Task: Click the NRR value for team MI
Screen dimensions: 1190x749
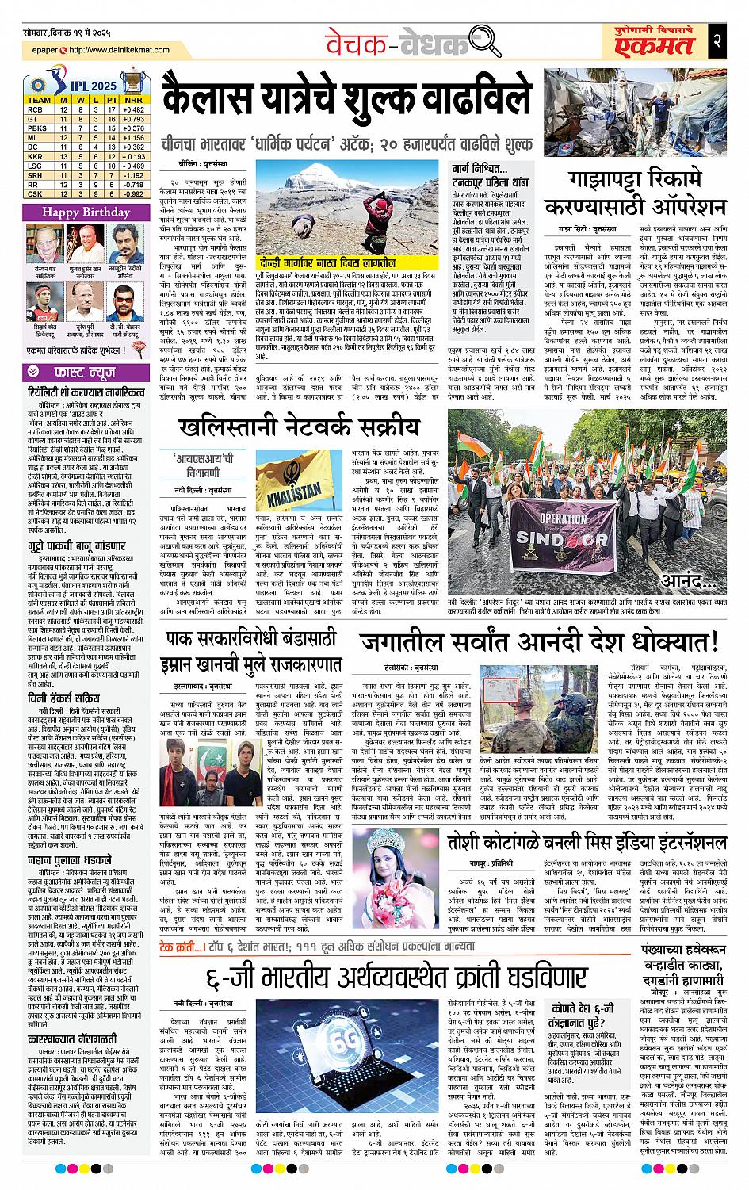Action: [132, 137]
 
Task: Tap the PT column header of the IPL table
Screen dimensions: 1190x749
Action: [112, 100]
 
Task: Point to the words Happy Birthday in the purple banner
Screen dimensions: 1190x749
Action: [86, 212]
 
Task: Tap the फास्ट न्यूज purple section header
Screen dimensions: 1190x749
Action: [86, 369]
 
